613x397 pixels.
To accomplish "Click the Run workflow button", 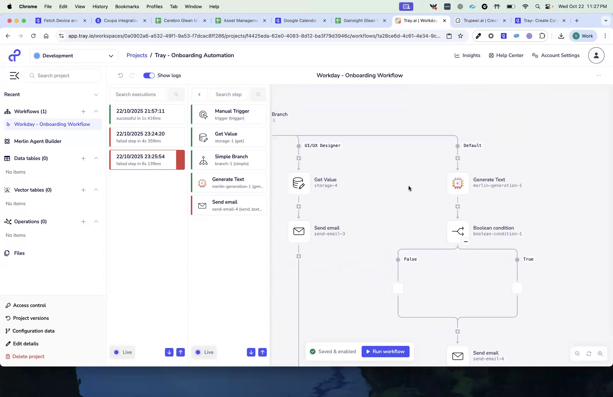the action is click(385, 352).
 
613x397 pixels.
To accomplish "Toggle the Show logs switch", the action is click(149, 75).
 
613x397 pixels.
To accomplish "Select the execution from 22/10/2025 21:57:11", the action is click(147, 114).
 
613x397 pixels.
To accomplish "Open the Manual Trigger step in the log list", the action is click(229, 114).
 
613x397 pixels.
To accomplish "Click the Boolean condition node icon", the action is click(458, 231).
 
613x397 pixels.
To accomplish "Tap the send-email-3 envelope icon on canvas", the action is click(299, 231).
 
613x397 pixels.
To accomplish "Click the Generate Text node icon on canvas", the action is click(458, 183).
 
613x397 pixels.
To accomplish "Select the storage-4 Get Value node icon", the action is click(299, 183).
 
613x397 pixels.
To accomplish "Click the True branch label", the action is click(528, 259).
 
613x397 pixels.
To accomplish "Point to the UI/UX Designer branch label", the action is click(322, 146).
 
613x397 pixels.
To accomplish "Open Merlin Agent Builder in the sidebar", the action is click(38, 141).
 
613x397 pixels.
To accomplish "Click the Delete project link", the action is click(28, 357).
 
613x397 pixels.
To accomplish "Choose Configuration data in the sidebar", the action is click(33, 331).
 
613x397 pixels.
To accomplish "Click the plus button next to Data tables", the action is click(83, 158).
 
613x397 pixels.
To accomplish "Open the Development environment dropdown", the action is click(74, 56).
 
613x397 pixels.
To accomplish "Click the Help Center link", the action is click(506, 55).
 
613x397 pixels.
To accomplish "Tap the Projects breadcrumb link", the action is click(137, 55).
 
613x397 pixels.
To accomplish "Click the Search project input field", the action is click(64, 76).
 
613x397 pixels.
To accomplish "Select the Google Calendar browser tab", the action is click(300, 21).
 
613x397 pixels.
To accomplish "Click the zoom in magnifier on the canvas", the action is click(600, 354).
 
